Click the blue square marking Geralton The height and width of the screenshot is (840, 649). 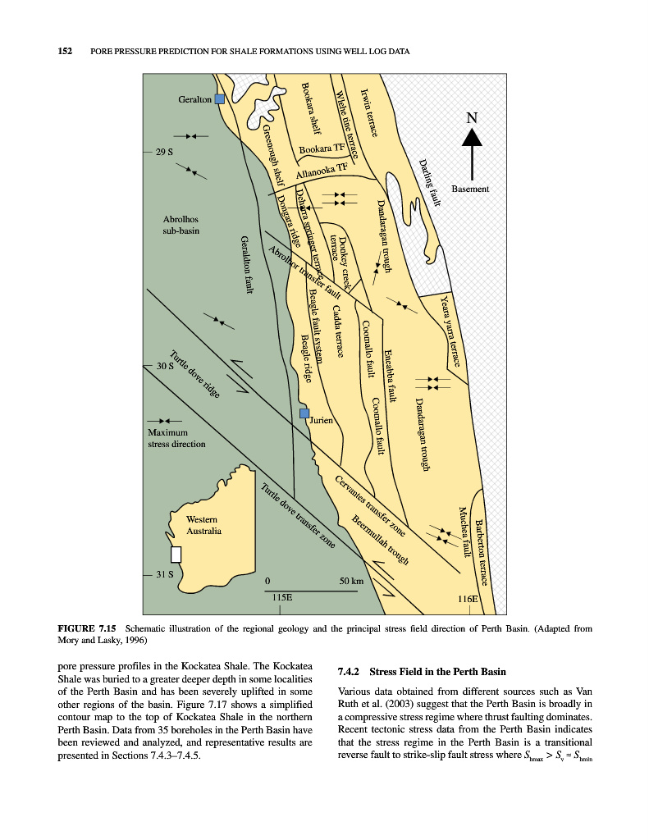coord(219,98)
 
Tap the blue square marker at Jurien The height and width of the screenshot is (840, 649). coord(304,413)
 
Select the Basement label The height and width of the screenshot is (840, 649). coord(470,189)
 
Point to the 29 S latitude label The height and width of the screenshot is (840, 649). coord(164,153)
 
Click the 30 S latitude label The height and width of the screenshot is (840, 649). coord(164,366)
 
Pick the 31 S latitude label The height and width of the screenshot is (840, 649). coord(164,574)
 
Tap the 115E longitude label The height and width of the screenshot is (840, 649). coord(281,599)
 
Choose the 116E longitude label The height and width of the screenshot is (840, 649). coord(468,599)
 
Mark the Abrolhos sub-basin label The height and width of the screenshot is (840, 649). coord(181,225)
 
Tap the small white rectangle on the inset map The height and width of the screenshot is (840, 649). coord(175,555)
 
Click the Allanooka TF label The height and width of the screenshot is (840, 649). coord(322,173)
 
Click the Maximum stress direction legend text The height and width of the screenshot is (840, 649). coord(176,438)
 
